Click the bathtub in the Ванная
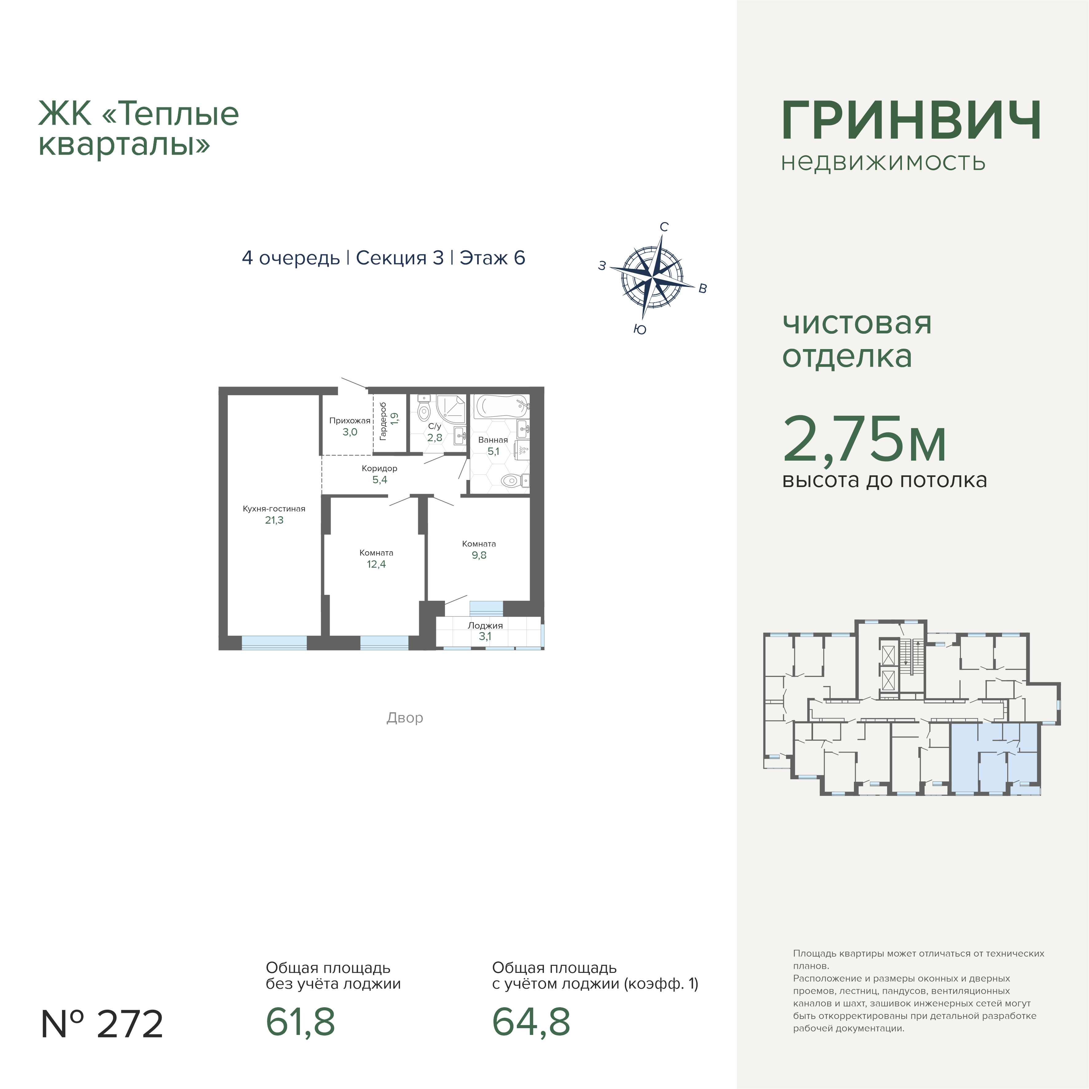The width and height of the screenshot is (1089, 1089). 501,407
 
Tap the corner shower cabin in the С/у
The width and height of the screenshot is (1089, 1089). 450,409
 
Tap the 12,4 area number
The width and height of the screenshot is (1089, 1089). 376,564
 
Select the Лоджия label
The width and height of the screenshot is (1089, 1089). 485,625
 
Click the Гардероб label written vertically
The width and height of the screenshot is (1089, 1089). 383,421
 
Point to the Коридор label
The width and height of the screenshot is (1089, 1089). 379,468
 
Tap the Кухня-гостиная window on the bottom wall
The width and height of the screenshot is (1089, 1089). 274,643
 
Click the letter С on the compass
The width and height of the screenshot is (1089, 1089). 664,227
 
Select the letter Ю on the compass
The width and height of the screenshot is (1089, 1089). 640,330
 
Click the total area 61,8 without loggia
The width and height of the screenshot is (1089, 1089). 301,1023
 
